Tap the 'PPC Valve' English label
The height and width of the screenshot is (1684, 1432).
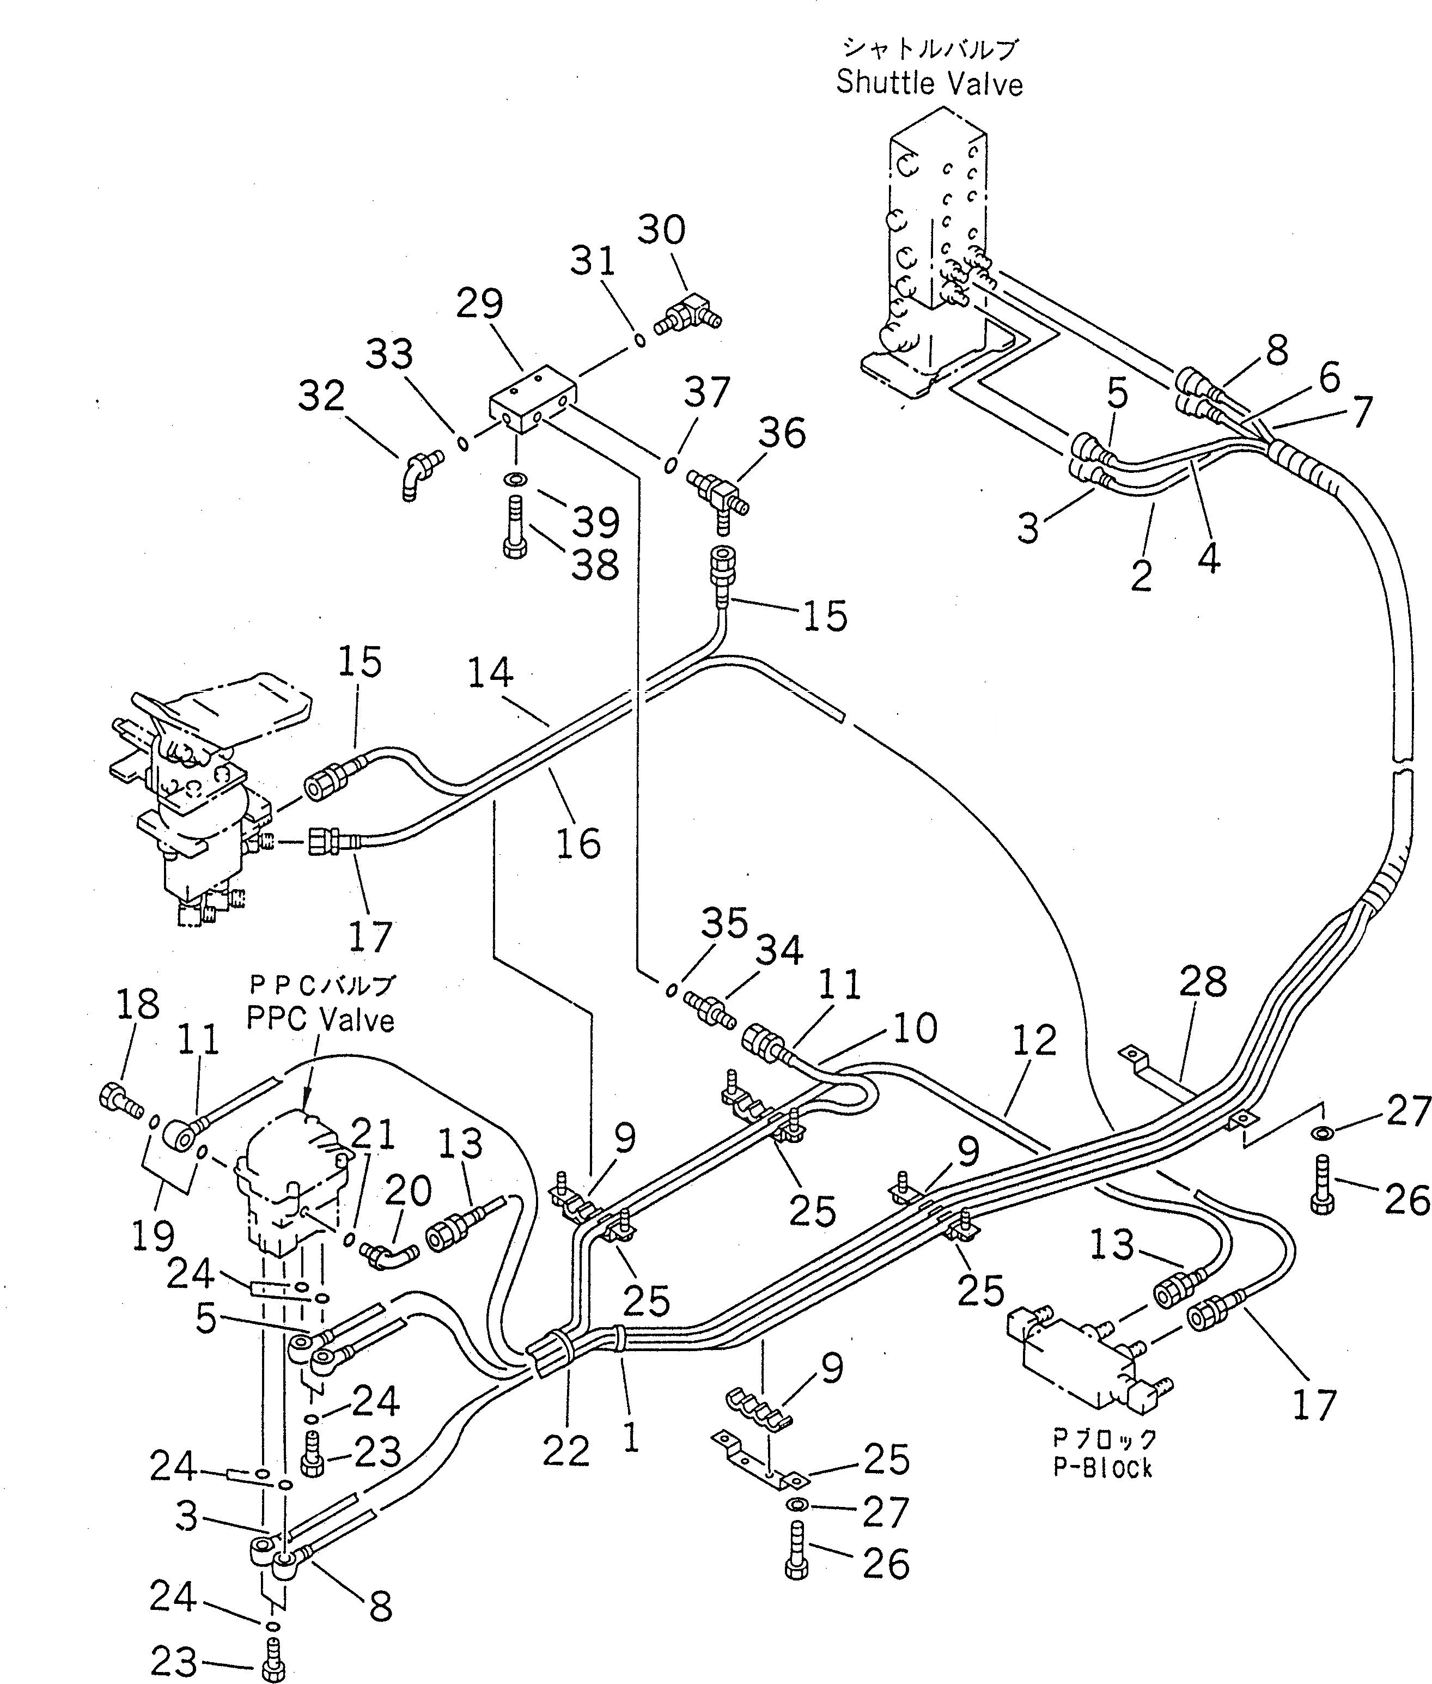321,1020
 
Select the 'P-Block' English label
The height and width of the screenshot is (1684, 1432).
1102,1468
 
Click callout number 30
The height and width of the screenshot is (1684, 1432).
661,230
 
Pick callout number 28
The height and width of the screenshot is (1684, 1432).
1203,982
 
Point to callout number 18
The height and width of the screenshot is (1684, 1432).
137,1005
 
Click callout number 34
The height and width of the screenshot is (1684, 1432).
779,951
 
